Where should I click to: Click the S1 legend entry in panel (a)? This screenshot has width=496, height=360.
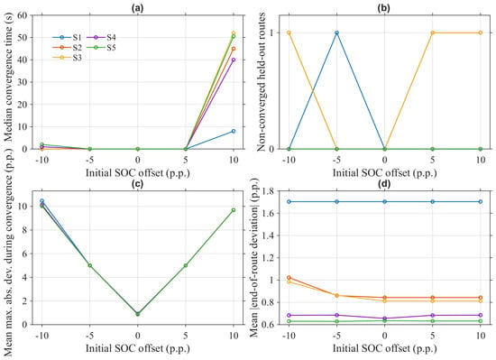[x=67, y=37]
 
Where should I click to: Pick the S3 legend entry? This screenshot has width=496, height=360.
[x=67, y=58]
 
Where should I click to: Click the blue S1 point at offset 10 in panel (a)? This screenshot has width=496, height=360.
[x=234, y=131]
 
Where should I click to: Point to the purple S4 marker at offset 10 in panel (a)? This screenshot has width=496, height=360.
[x=234, y=60]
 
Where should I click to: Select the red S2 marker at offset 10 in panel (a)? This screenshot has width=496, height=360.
[x=234, y=49]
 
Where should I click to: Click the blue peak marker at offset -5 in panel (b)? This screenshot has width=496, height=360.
[x=336, y=32]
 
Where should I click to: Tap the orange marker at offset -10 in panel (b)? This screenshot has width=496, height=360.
[x=289, y=32]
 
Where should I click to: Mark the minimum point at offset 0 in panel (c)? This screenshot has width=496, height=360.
[x=138, y=314]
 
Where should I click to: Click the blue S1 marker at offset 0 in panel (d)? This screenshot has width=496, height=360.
[x=385, y=201]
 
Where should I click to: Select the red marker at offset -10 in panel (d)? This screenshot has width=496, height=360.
[x=289, y=277]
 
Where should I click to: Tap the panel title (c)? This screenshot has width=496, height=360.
[x=138, y=184]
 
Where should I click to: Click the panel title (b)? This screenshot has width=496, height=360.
[x=385, y=8]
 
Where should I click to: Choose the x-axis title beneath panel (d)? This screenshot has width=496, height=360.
[x=385, y=348]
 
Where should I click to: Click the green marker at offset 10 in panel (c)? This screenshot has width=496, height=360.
[x=234, y=210]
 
